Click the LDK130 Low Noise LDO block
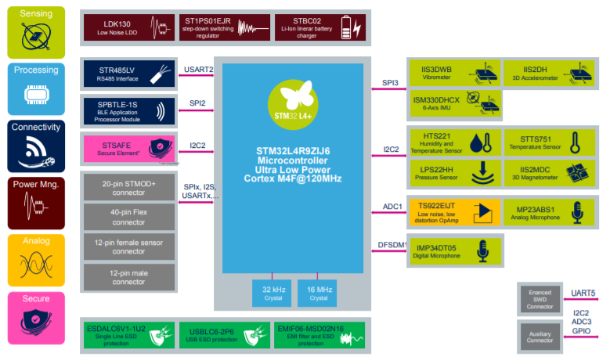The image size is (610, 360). (x=128, y=27)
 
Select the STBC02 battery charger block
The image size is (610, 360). (x=320, y=27)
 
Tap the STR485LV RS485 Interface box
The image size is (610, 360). (x=128, y=74)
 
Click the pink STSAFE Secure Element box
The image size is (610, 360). (x=128, y=149)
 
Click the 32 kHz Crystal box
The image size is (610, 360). (x=272, y=293)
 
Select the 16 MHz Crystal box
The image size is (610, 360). (x=317, y=293)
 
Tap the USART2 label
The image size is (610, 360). (x=198, y=70)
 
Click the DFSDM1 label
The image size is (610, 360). (x=392, y=245)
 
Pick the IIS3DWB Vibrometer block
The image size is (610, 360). (x=455, y=74)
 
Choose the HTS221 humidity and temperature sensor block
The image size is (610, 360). (x=456, y=142)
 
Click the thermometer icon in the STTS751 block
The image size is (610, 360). (x=575, y=142)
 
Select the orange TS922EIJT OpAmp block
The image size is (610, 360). (x=454, y=212)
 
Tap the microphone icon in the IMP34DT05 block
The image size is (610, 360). (x=483, y=250)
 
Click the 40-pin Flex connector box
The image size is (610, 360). (x=128, y=217)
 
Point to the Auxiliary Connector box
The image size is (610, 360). (x=540, y=337)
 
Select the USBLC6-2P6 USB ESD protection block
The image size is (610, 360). (x=225, y=335)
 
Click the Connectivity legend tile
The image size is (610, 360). (x=36, y=146)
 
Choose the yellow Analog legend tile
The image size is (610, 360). (x=36, y=260)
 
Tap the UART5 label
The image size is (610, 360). (x=583, y=293)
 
